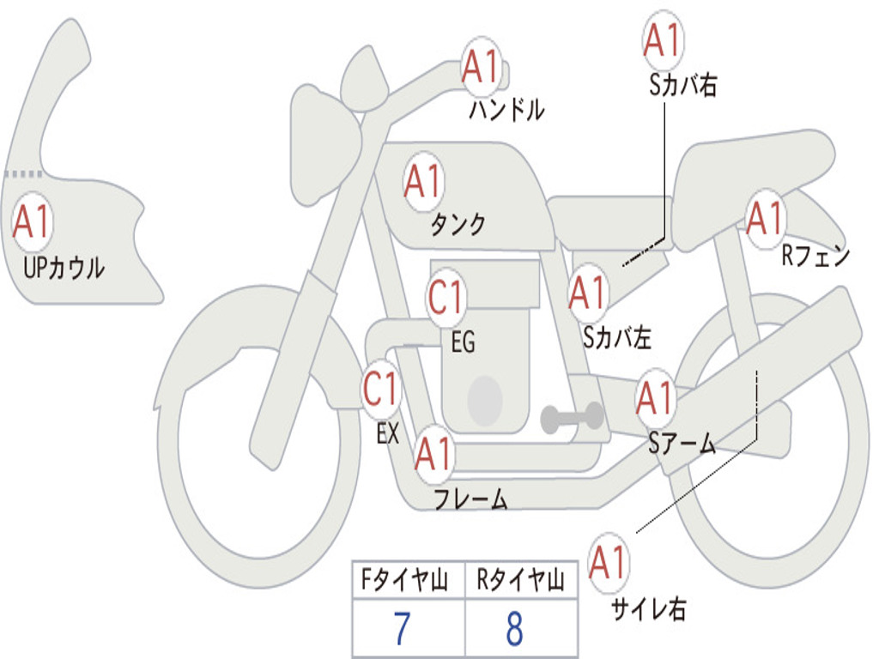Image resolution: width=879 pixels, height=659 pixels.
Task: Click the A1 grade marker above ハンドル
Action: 481,67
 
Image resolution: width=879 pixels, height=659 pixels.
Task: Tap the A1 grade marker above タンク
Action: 423,182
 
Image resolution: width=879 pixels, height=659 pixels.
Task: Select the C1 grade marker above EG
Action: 446,298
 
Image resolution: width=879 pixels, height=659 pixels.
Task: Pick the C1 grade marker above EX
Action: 380,389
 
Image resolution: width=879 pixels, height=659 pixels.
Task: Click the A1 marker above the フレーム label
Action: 433,453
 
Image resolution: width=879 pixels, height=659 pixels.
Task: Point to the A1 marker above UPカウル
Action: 32,221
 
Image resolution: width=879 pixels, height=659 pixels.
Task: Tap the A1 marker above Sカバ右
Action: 664,40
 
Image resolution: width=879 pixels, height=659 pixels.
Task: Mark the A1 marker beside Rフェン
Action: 766,219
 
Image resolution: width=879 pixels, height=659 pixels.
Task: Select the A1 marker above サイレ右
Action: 609,562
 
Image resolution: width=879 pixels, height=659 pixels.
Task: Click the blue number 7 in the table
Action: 403,629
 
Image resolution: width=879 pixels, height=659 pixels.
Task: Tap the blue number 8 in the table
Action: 515,629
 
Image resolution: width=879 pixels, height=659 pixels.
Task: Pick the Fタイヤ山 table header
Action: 405,579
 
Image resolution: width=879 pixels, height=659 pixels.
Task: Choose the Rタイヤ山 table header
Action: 520,579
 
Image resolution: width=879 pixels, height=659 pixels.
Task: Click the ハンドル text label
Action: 506,109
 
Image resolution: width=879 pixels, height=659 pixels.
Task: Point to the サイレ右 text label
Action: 649,608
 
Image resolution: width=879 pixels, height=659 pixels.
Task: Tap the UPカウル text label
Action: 64,268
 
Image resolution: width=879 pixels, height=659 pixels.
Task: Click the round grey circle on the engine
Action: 485,400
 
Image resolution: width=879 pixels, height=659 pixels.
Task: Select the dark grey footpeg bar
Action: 572,418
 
